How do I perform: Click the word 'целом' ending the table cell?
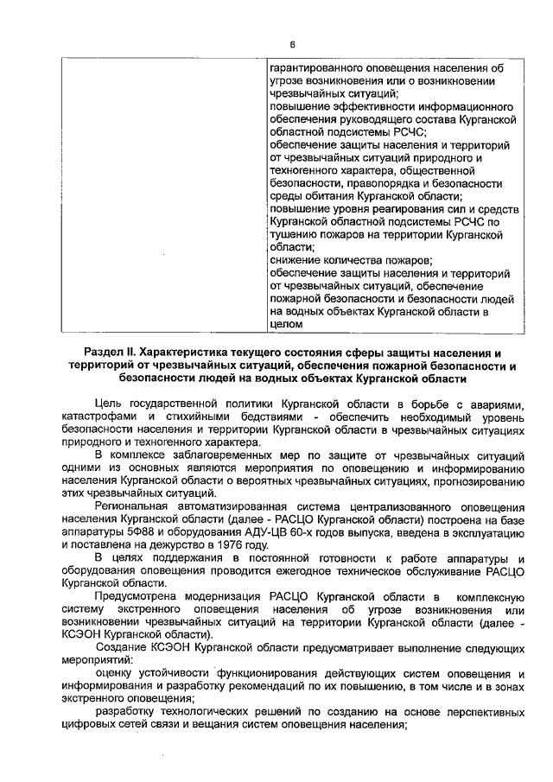[286, 324]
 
